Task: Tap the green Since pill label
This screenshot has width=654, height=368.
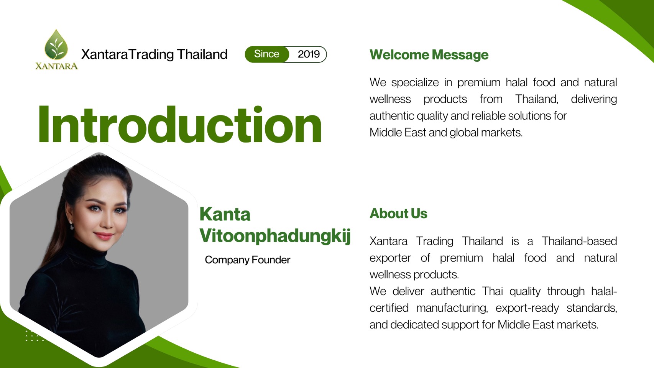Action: (267, 54)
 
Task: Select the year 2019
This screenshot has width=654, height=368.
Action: (309, 54)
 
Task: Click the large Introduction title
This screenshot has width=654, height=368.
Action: (180, 124)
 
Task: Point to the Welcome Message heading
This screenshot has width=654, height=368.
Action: (429, 54)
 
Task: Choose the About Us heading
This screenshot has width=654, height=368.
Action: (398, 214)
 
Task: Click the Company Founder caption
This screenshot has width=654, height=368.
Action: (248, 260)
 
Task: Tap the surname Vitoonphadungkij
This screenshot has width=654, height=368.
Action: (275, 235)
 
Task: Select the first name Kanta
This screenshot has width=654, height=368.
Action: (225, 214)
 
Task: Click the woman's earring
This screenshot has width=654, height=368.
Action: (71, 225)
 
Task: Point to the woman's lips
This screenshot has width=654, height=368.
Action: (104, 235)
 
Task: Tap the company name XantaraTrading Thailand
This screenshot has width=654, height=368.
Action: (154, 54)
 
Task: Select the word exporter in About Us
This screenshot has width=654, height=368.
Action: (390, 258)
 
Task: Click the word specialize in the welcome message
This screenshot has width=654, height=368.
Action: (415, 83)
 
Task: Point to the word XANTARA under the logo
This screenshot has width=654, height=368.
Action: (57, 66)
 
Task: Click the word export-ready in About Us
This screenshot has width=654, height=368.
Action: (527, 308)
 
